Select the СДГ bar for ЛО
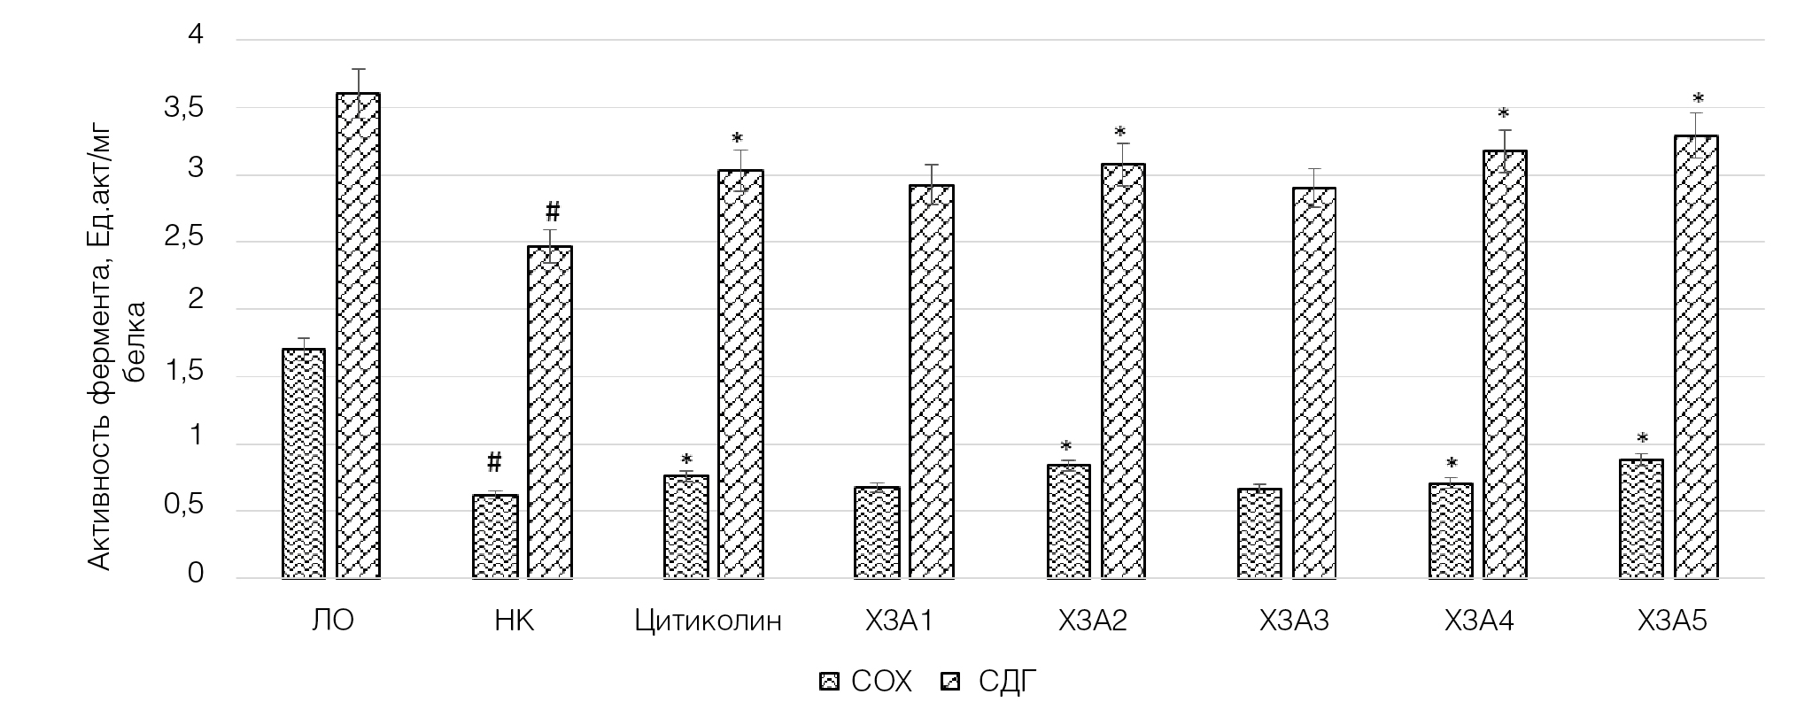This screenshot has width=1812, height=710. pyautogui.click(x=358, y=336)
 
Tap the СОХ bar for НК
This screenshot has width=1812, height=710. pyautogui.click(x=494, y=536)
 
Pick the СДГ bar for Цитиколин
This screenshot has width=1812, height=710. pyautogui.click(x=740, y=374)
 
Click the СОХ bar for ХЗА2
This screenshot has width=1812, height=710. pyautogui.click(x=1068, y=521)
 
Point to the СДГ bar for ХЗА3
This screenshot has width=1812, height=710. pyautogui.click(x=1313, y=382)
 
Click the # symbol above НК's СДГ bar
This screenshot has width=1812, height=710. pyautogui.click(x=552, y=212)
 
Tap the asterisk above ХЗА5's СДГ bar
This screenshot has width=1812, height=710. pyautogui.click(x=1698, y=99)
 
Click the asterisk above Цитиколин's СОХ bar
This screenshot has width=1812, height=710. pyautogui.click(x=686, y=459)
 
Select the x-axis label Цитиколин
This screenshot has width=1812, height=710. pyautogui.click(x=709, y=621)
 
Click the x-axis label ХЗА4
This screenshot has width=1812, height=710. pyautogui.click(x=1478, y=621)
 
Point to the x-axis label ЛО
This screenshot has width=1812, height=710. pyautogui.click(x=333, y=621)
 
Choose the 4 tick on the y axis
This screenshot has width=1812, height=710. pyautogui.click(x=196, y=35)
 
